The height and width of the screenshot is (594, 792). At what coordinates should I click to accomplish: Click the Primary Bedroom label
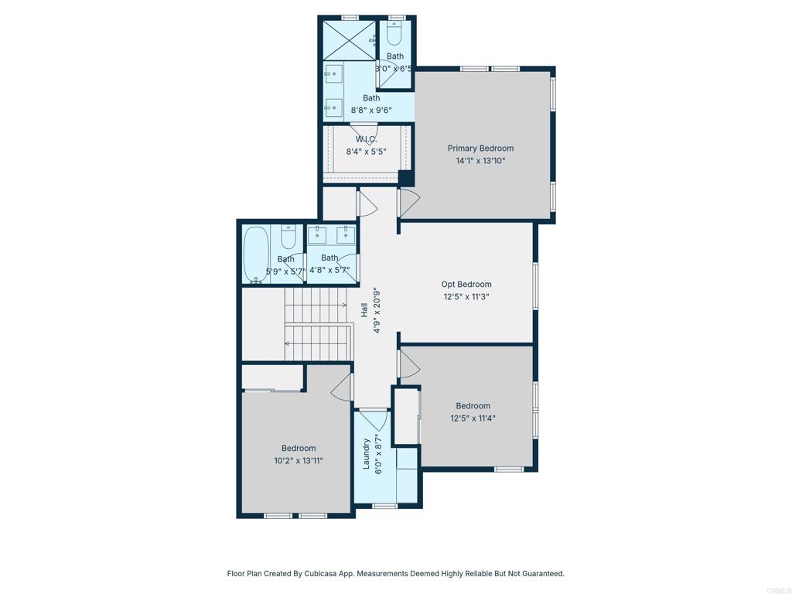[480, 148]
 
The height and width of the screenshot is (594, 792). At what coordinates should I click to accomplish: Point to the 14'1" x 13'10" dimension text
[480, 161]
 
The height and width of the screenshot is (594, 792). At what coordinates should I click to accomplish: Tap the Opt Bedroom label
[466, 284]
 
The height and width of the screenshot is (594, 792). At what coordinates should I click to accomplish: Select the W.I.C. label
[366, 139]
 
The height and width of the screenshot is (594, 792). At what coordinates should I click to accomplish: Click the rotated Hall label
[364, 309]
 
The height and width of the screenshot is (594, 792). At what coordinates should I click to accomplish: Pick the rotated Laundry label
[367, 454]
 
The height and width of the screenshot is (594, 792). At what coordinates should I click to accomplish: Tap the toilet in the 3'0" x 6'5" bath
[394, 33]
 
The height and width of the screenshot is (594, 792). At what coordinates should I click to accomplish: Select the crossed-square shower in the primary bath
[347, 39]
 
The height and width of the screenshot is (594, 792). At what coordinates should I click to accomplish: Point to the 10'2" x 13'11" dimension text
[299, 461]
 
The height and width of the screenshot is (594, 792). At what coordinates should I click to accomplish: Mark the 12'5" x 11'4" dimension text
[473, 418]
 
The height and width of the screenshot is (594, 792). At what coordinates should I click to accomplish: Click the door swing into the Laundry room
[374, 421]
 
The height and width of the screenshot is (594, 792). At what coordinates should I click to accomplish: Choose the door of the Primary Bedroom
[408, 203]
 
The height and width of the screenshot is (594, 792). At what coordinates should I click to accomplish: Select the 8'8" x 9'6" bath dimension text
[371, 110]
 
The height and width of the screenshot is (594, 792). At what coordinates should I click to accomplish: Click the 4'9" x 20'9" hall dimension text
[377, 310]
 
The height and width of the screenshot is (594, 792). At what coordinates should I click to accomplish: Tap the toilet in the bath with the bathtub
[288, 231]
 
